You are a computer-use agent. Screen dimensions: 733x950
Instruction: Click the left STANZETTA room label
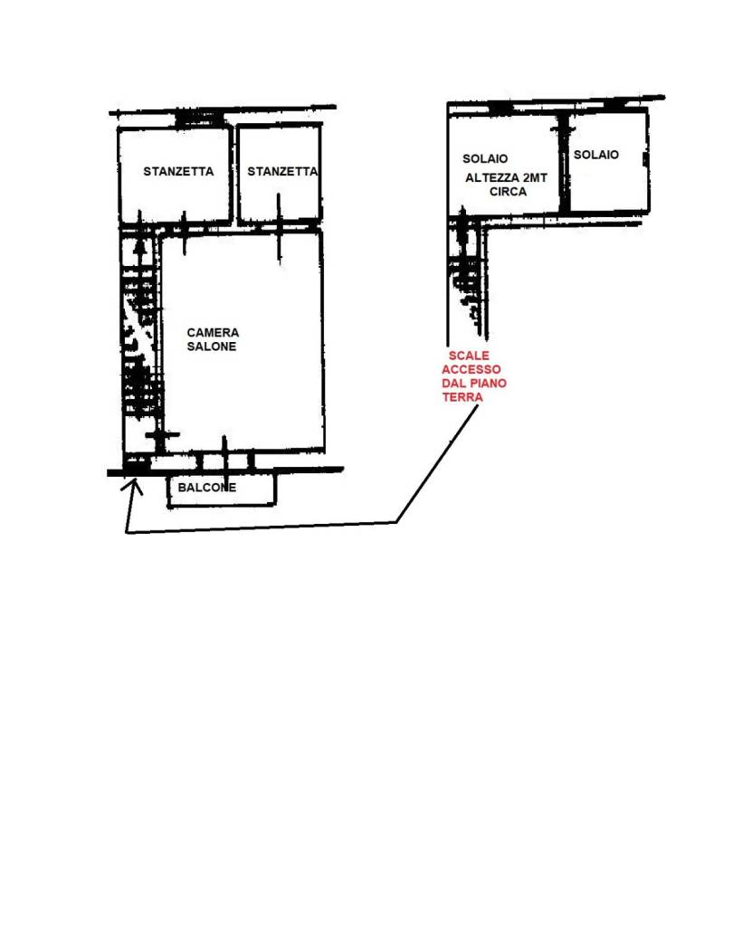178,172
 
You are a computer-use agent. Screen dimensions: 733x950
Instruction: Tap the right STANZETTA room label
282,172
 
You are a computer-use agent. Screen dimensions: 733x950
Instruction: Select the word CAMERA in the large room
213,333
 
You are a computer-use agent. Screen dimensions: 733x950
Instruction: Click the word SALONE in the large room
212,347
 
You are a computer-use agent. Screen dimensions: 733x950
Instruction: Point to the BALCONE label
207,488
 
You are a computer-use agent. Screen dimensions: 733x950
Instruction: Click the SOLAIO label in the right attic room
596,155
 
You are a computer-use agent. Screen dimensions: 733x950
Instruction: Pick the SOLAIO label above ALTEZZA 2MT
485,158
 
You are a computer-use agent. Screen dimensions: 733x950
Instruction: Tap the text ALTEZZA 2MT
506,178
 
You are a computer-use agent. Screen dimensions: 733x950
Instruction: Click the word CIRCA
509,192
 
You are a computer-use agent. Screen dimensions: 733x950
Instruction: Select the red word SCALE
468,356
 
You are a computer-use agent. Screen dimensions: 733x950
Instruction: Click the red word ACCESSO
471,369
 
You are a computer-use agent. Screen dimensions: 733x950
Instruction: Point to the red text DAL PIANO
474,384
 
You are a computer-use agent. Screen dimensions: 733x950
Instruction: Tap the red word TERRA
462,397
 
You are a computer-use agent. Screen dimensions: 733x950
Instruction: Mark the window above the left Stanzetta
199,120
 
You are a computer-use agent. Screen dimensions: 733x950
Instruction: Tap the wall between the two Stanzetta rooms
234,174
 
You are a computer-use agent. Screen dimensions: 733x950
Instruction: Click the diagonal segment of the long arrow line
437,463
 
